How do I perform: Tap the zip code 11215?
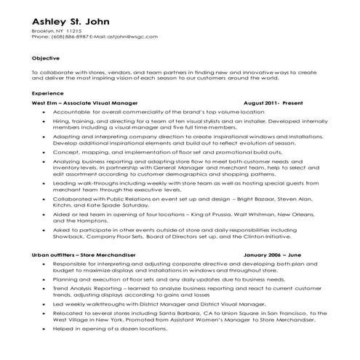tap(73, 33)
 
